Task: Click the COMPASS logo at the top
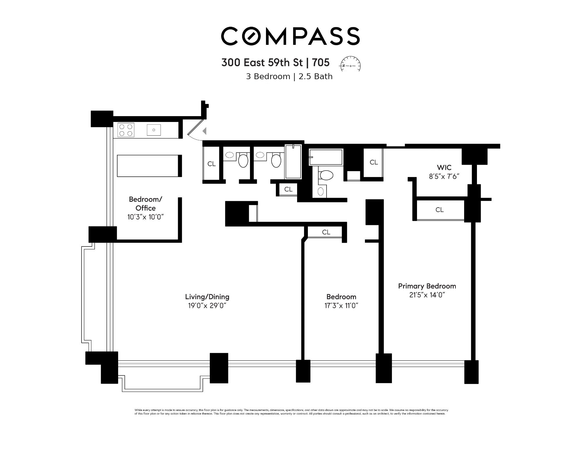pos(290,36)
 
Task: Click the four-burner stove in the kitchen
pos(126,130)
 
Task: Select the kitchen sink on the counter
pos(154,130)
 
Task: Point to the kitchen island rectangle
pos(148,166)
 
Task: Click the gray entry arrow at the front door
pos(205,131)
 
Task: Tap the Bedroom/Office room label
pos(145,204)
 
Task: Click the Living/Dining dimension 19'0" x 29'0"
pos(207,306)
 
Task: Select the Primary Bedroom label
pos(427,286)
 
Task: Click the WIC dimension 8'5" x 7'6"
pos(444,176)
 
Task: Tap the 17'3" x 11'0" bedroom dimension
pos(341,306)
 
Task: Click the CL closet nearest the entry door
pos(212,164)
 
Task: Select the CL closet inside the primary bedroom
pos(439,210)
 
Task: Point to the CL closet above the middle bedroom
pos(326,232)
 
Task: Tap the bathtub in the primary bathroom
pos(326,157)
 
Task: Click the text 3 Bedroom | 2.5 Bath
pos(289,77)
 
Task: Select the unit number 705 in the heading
pos(321,63)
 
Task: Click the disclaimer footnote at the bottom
pos(291,412)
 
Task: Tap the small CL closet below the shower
pos(288,189)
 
